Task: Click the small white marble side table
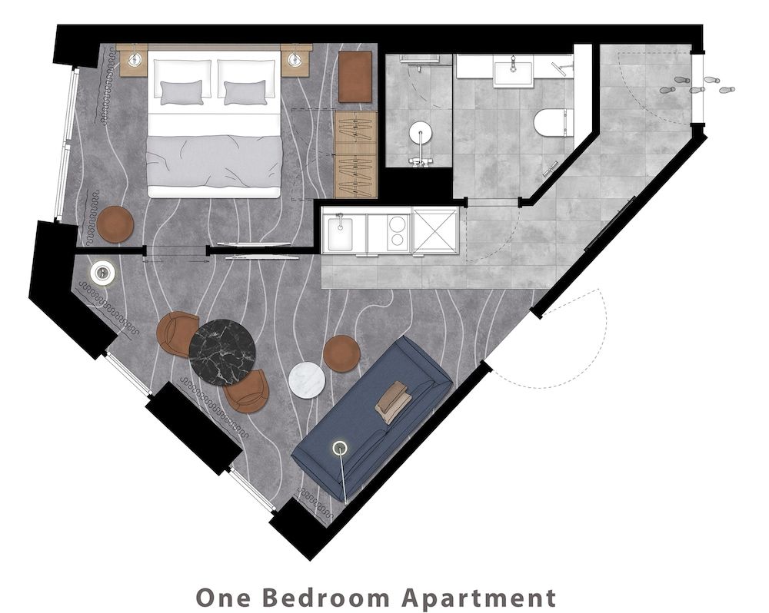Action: pyautogui.click(x=307, y=379)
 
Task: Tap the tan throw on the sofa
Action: pyautogui.click(x=393, y=401)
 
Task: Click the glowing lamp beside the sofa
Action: pyautogui.click(x=338, y=447)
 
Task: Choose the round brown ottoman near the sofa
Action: pyautogui.click(x=341, y=353)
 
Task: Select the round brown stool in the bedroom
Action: pyautogui.click(x=115, y=224)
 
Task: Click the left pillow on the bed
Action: pyautogui.click(x=182, y=91)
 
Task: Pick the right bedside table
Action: pyautogui.click(x=295, y=60)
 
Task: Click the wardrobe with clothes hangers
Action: pyautogui.click(x=356, y=144)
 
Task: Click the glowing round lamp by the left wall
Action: pyautogui.click(x=102, y=272)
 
